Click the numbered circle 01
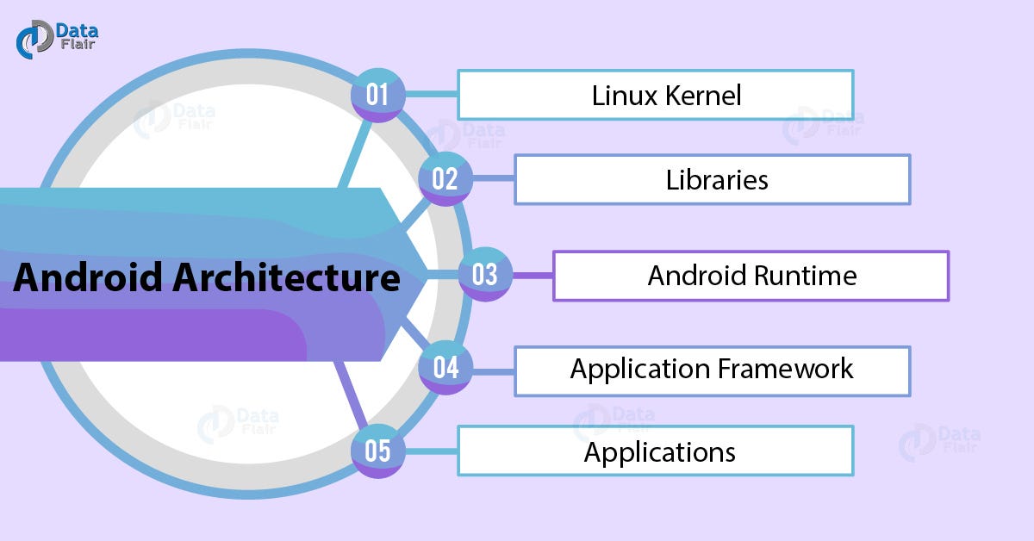[377, 94]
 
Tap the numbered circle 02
[445, 179]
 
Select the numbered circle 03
[484, 275]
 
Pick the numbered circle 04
[445, 369]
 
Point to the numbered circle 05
[377, 451]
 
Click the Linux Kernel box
[655, 95]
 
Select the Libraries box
[712, 179]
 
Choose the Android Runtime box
[750, 276]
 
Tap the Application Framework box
[712, 370]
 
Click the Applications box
[655, 451]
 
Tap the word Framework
[784, 369]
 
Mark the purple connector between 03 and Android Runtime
[532, 276]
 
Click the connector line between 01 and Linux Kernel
[430, 94]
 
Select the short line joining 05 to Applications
[430, 451]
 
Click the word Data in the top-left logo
[76, 31]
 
